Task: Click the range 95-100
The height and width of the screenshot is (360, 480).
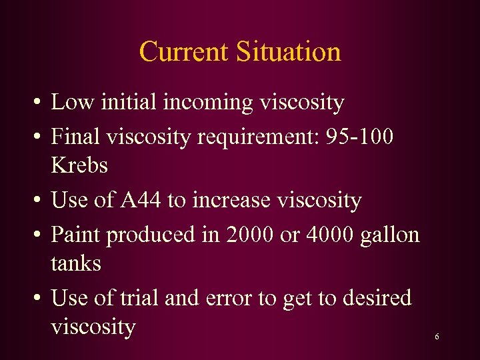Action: coord(361,137)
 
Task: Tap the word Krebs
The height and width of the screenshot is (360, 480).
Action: coord(79,165)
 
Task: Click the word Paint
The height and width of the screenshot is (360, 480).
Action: coord(76,234)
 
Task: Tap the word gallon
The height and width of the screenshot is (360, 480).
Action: coord(392,235)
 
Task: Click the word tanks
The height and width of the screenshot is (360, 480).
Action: coord(76,263)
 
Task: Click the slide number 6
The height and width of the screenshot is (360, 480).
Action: coord(437,337)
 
